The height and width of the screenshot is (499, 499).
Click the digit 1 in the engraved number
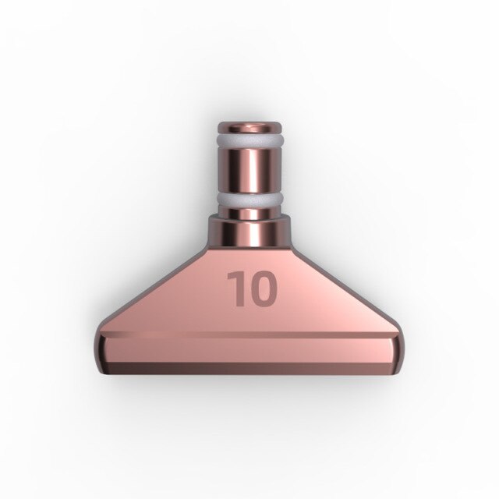pyautogui.click(x=235, y=288)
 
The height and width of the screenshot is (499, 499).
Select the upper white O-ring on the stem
pyautogui.click(x=249, y=145)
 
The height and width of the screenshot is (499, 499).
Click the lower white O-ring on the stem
pyautogui.click(x=249, y=201)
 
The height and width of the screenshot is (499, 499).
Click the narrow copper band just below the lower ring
pyautogui.click(x=249, y=214)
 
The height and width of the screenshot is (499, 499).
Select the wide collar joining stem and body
pyautogui.click(x=249, y=232)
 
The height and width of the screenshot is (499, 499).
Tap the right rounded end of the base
pyautogui.click(x=401, y=351)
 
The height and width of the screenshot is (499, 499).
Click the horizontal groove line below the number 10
pyautogui.click(x=249, y=334)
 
